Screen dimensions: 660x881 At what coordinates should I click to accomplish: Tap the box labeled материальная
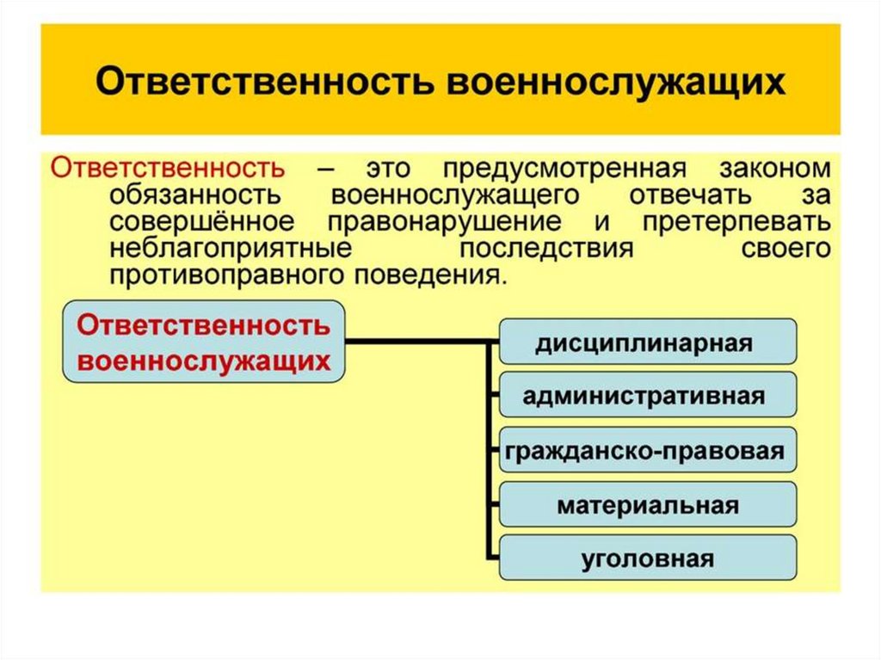[648, 505]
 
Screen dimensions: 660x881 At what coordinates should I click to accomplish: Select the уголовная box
[648, 558]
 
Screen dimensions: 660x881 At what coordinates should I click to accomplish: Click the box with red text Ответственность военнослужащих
[204, 342]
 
